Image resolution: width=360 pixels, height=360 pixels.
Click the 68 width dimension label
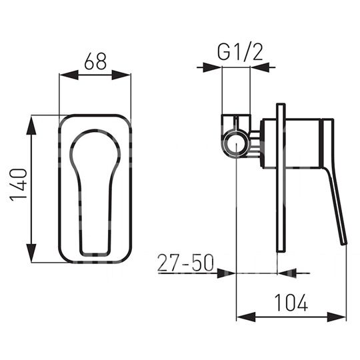(95, 61)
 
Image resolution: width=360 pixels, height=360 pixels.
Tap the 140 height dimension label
(19, 185)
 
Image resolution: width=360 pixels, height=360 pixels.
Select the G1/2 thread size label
(240, 52)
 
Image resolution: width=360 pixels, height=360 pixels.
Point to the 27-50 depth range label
(185, 263)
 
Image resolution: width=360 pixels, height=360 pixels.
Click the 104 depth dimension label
(291, 303)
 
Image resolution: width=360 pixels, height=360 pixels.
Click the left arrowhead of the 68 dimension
(69, 75)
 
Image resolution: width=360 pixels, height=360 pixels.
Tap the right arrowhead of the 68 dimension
(121, 75)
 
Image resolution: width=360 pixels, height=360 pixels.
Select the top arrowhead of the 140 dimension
(31, 125)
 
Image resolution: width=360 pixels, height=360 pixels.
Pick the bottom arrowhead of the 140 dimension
(31, 253)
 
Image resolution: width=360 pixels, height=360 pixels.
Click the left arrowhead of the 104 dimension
(246, 317)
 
